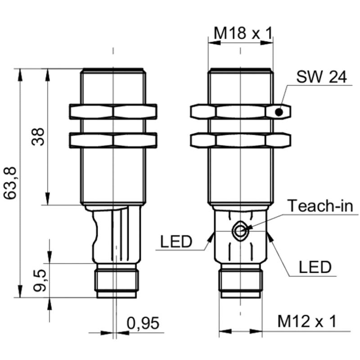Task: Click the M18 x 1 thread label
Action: (243, 33)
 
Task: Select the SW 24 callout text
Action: (321, 76)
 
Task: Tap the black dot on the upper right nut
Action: (279, 112)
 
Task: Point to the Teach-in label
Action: (320, 206)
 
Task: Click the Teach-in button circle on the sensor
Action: (240, 231)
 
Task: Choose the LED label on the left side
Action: (176, 242)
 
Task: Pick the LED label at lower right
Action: (315, 267)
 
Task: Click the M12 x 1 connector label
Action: (307, 321)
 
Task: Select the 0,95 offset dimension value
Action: (143, 324)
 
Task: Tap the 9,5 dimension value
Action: (40, 280)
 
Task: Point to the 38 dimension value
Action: (38, 137)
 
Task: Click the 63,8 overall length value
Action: (10, 183)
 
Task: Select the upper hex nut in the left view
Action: (113, 112)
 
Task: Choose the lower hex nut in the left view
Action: (113, 140)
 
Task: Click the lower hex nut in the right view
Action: (240, 140)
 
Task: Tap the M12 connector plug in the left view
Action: (117, 281)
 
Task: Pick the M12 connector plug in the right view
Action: (240, 281)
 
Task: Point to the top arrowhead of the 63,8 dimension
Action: (20, 75)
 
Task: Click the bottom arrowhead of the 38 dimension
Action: (48, 198)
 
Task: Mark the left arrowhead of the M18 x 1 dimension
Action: (214, 43)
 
